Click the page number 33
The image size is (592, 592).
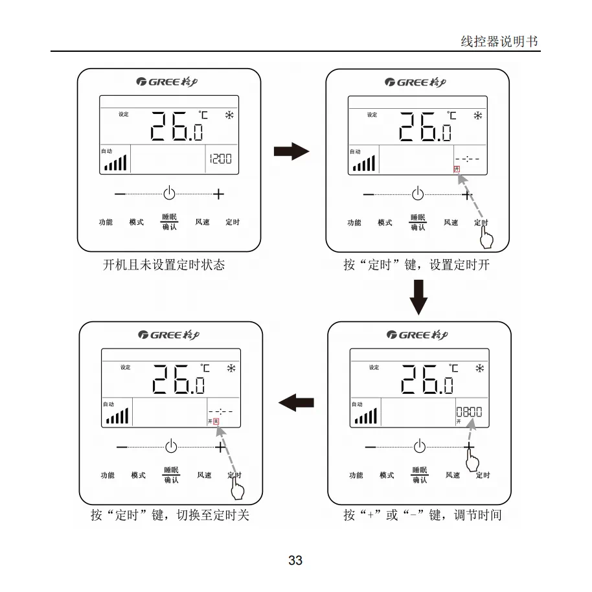(295, 560)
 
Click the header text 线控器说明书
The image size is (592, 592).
(499, 41)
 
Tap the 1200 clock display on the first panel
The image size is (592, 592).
(220, 159)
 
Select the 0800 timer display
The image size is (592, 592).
(469, 412)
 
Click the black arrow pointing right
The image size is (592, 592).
(291, 152)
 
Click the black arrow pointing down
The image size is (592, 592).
(419, 297)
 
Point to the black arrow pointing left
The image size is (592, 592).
(297, 402)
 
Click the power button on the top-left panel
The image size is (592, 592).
(169, 193)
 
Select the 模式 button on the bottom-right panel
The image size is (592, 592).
(387, 475)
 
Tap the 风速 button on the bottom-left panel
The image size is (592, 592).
(204, 475)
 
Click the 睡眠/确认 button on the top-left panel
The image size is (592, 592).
(169, 222)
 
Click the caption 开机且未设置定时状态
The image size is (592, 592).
(165, 265)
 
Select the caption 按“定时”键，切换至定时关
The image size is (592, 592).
(170, 516)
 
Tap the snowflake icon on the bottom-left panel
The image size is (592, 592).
(231, 368)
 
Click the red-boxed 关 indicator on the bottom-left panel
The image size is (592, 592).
(217, 422)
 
